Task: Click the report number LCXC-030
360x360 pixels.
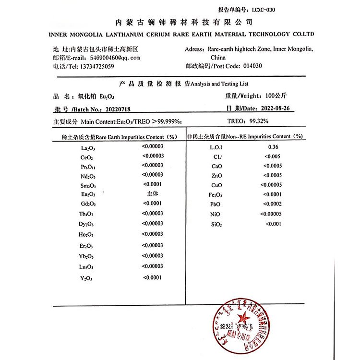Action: click(263, 10)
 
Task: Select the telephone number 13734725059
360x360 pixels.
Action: click(96, 66)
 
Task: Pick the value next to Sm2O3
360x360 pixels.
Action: click(153, 185)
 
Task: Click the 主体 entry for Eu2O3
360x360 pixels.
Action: click(153, 194)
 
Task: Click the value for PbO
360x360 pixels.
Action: click(272, 204)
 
